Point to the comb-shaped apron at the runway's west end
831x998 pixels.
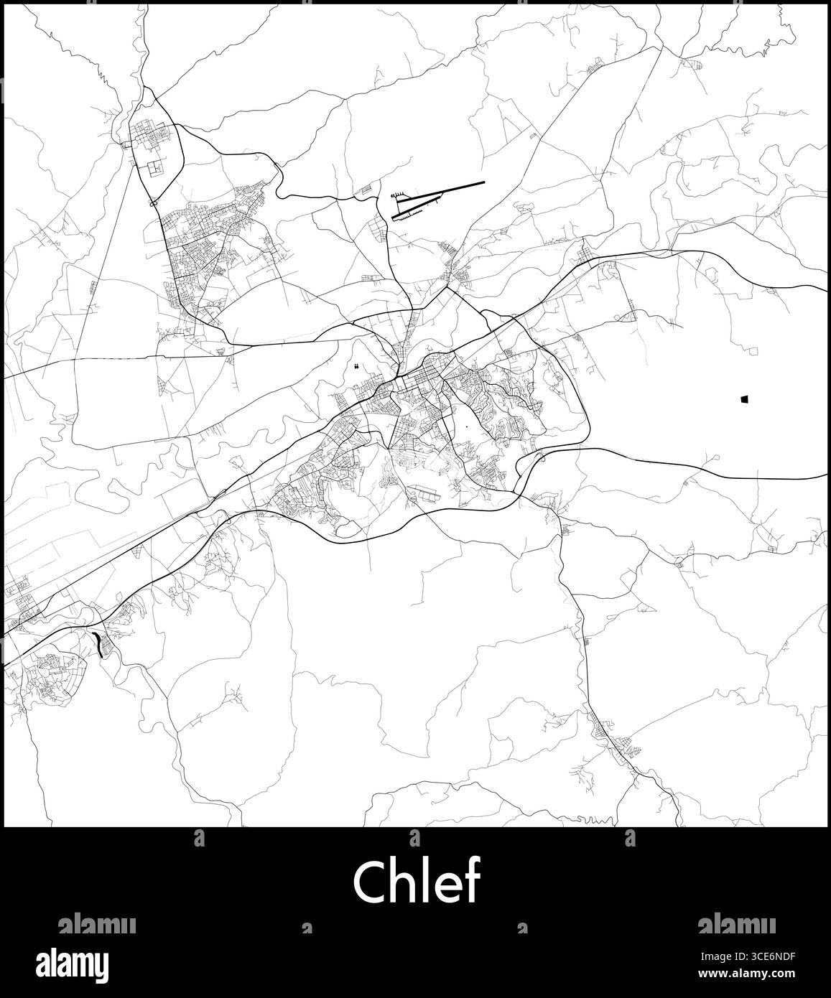tap(398, 195)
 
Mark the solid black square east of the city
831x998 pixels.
tap(744, 398)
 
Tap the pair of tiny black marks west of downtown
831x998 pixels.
tap(356, 367)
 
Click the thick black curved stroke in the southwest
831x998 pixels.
tap(98, 643)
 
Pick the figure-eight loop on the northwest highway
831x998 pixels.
tap(153, 203)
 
